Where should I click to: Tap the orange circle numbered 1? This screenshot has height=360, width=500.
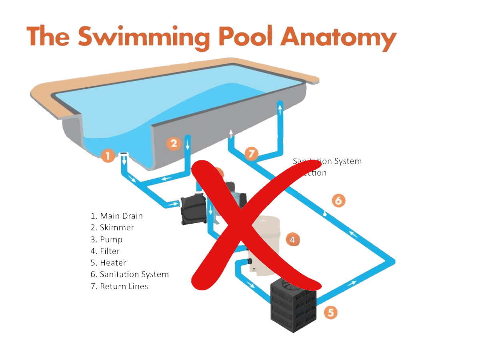[108, 155]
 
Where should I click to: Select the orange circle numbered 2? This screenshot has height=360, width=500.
[174, 143]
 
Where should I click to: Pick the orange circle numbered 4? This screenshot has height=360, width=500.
[292, 240]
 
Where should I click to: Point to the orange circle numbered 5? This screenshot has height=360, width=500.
[330, 312]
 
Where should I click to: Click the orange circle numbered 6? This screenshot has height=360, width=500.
[338, 200]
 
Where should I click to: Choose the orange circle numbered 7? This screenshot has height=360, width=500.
[251, 153]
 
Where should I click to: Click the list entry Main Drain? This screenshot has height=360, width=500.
[116, 216]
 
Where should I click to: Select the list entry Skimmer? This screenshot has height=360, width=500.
[112, 228]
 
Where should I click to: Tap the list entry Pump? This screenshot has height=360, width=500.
[106, 240]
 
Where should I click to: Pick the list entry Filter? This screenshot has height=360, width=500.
[105, 251]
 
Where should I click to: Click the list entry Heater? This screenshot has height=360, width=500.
[108, 263]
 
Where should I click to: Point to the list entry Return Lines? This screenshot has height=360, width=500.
[119, 286]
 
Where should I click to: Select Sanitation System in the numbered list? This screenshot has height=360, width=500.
[130, 274]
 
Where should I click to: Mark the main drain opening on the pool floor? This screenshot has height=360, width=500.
[124, 155]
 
